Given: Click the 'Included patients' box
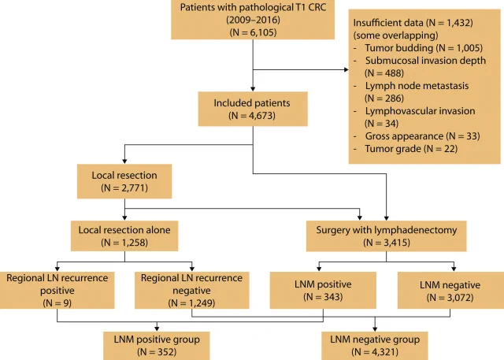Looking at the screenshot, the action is click(x=253, y=109).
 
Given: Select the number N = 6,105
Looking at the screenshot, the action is click(x=253, y=32).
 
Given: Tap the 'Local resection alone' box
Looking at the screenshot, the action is click(x=124, y=236).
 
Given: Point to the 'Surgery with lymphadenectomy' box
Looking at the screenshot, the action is click(x=387, y=236).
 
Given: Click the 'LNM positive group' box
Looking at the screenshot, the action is click(x=157, y=346).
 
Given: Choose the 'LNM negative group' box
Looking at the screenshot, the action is click(x=375, y=346).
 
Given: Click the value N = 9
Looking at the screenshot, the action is click(x=57, y=303).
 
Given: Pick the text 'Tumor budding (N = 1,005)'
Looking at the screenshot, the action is click(x=424, y=48).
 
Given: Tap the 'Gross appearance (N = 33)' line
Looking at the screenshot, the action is click(x=422, y=136).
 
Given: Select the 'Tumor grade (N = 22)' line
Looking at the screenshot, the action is click(x=411, y=149).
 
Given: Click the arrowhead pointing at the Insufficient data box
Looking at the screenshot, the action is click(x=346, y=69).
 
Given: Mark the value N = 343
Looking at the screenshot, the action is click(x=323, y=297).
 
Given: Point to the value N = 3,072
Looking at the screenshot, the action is click(x=450, y=297).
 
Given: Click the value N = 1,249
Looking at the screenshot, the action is click(x=191, y=303).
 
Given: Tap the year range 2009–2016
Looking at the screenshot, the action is click(x=253, y=20).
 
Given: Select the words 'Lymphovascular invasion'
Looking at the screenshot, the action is click(x=420, y=111).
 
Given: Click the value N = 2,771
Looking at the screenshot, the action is click(x=124, y=187).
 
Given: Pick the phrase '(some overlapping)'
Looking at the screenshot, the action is click(x=395, y=35).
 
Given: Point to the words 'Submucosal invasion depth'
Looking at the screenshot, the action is click(x=425, y=61).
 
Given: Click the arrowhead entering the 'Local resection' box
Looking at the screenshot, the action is click(x=124, y=161).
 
